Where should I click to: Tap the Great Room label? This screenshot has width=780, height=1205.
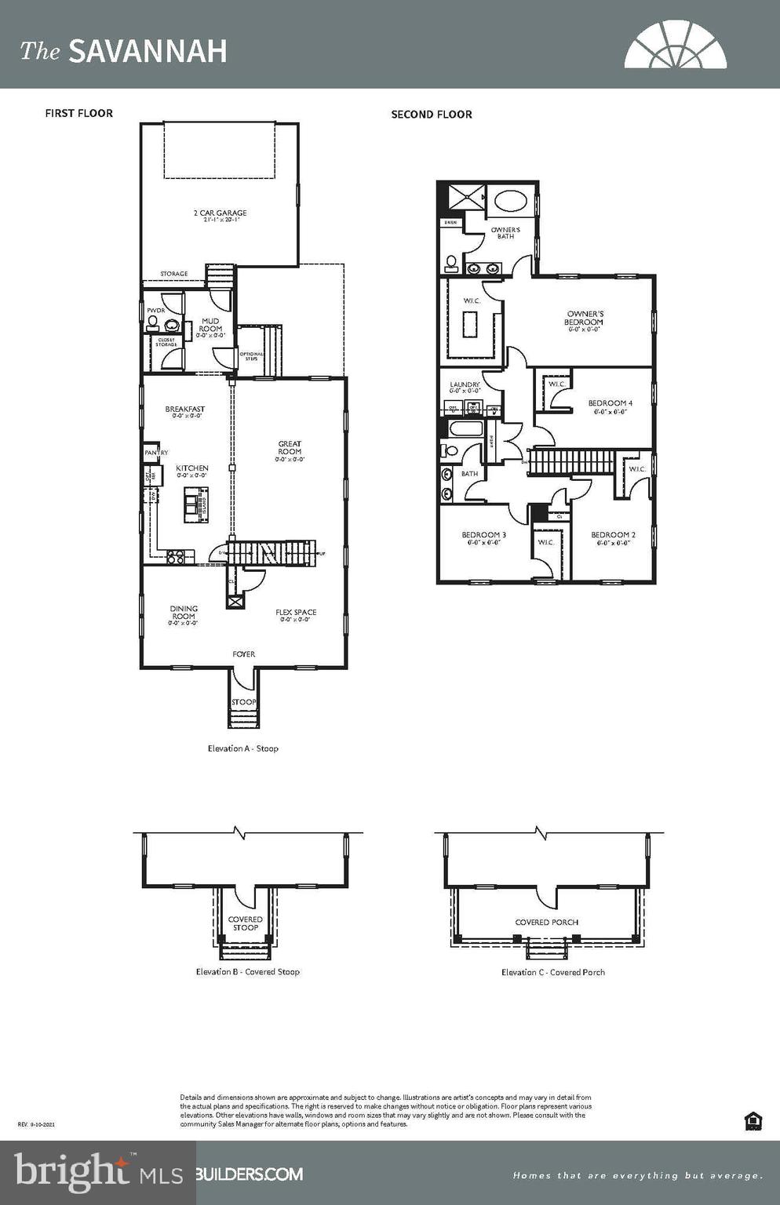[x=290, y=448]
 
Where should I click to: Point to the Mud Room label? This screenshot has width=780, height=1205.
[x=210, y=325]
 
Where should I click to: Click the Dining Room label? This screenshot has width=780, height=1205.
[x=184, y=613]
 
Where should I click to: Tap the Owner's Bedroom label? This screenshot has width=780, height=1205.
[x=585, y=318]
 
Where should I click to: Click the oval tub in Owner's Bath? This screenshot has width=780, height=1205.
[x=512, y=201]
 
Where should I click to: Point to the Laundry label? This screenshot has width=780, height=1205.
[x=465, y=385]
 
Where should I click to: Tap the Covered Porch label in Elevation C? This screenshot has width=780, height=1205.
[x=546, y=922]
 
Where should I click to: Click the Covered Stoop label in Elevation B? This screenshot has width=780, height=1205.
[x=245, y=923]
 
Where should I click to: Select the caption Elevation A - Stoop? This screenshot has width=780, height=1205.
[x=242, y=748]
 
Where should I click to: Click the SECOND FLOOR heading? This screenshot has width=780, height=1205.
[x=432, y=115]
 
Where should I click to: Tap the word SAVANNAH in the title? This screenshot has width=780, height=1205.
[x=148, y=52]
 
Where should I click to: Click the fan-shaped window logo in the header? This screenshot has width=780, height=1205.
[x=675, y=46]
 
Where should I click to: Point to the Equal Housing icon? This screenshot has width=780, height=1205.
[x=753, y=1121]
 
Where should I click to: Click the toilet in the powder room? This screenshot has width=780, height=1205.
[x=153, y=322]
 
